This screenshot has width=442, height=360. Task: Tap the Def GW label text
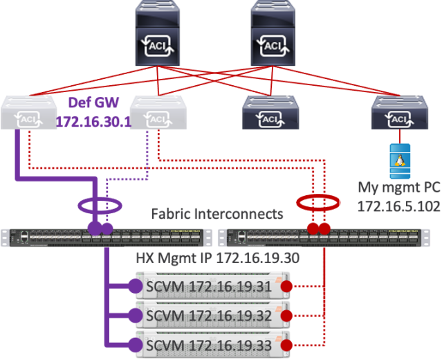(x=93, y=105)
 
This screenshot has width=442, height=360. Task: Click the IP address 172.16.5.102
(x=398, y=206)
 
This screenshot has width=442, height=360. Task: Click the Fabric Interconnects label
(x=217, y=213)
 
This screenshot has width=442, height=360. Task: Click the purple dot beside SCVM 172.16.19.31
(x=135, y=285)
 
